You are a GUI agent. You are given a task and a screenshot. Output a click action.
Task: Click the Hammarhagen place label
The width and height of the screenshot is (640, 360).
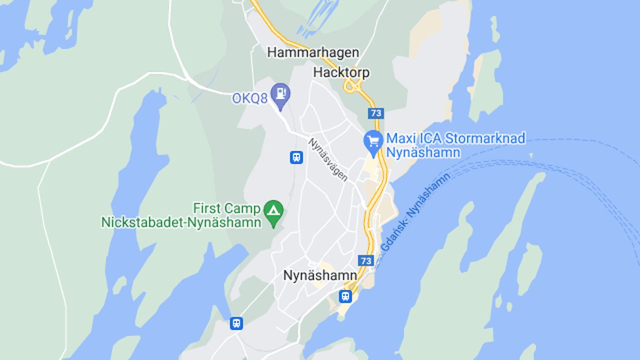[313, 53]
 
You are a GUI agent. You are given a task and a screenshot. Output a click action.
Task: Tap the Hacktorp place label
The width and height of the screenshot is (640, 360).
[341, 73]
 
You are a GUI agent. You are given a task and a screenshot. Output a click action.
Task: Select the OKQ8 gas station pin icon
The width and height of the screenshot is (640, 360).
[280, 94]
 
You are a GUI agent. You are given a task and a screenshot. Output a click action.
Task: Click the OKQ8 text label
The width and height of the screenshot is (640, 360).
[250, 99]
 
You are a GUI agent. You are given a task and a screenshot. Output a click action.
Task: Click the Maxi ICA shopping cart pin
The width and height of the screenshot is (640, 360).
[374, 141]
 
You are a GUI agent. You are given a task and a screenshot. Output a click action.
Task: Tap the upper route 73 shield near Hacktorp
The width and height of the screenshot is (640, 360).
[375, 114]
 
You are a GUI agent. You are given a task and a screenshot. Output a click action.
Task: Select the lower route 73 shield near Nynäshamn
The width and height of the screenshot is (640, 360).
[365, 261]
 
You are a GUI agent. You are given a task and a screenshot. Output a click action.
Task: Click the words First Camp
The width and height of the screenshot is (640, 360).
[227, 208]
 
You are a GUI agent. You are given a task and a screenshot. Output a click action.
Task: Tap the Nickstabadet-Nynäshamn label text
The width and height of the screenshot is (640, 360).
[181, 222]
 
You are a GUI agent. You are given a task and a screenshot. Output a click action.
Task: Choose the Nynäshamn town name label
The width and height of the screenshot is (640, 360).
[320, 276]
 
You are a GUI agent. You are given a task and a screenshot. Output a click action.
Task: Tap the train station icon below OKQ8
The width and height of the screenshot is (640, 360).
[297, 157]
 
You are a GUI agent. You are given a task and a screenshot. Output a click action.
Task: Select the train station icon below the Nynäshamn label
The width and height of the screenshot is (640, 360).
[346, 296]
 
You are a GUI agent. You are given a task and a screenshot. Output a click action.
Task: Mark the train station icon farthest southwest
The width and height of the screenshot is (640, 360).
[236, 323]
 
